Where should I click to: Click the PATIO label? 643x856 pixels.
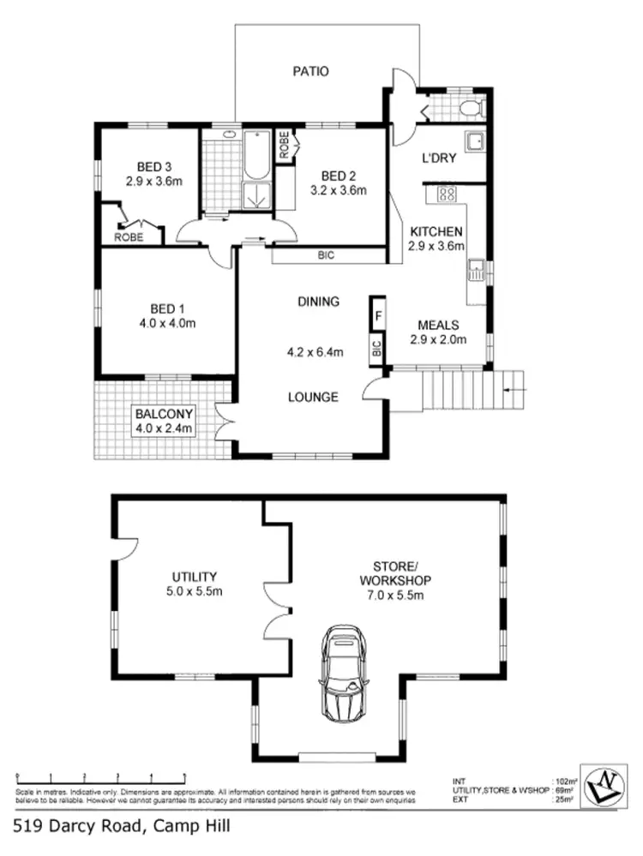point(310,72)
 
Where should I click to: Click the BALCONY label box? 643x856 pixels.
point(163,421)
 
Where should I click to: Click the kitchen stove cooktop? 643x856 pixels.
point(447,194)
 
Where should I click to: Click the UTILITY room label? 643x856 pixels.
point(194,577)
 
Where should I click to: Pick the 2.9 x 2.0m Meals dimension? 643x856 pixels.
point(437,339)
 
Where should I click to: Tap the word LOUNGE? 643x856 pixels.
point(312,398)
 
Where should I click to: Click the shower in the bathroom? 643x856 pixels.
point(255,195)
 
